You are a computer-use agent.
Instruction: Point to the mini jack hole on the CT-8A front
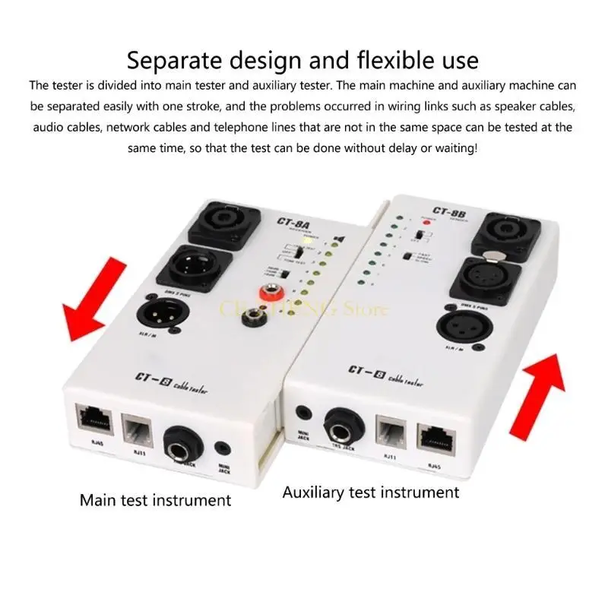point(224,449)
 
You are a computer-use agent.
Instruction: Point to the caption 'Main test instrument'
point(156,499)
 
